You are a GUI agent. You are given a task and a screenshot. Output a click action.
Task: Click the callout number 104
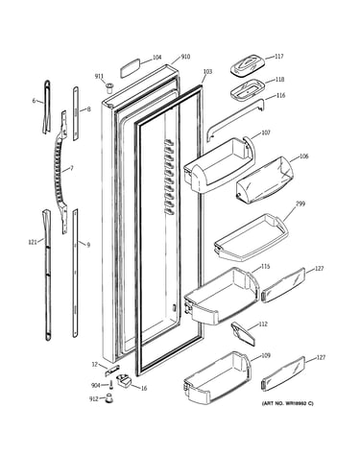click(x=156, y=58)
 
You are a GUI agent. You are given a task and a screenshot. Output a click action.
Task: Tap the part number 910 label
click(x=185, y=57)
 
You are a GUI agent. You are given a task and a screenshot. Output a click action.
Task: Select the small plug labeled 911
click(x=109, y=87)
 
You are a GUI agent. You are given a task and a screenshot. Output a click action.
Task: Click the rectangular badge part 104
click(x=131, y=68)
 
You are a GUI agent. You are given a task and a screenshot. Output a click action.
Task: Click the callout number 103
click(x=207, y=72)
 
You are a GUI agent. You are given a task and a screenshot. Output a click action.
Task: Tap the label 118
click(x=279, y=80)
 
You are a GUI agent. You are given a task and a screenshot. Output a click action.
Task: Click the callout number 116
click(x=280, y=95)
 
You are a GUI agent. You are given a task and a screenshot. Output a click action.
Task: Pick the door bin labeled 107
click(x=220, y=165)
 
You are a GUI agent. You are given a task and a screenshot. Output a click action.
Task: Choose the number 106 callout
click(x=303, y=156)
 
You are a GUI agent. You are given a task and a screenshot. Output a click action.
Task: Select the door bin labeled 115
click(x=222, y=296)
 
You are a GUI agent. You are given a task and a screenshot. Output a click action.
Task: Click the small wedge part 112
click(x=243, y=334)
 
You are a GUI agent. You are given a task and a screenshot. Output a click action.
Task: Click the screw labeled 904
click(x=111, y=385)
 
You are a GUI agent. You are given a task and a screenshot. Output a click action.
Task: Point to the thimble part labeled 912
click(x=109, y=398)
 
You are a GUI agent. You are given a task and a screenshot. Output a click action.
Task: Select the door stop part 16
click(x=124, y=381)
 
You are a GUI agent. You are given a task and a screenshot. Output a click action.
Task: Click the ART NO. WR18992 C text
click(x=288, y=403)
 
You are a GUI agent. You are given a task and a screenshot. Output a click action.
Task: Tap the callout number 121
click(x=33, y=242)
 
